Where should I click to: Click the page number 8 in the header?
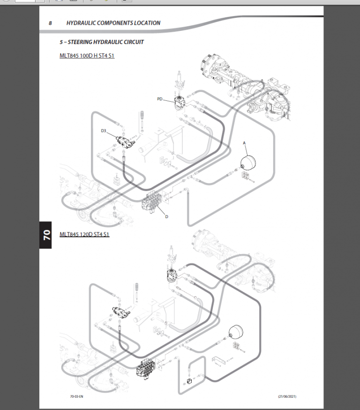click(50, 23)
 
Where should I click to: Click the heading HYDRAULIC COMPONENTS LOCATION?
click(113, 23)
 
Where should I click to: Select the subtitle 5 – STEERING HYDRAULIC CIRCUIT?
click(102, 42)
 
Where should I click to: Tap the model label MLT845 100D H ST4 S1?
click(87, 56)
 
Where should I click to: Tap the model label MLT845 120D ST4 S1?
click(84, 234)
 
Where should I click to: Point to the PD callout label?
click(160, 99)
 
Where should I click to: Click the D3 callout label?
click(104, 131)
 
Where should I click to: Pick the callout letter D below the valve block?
click(166, 216)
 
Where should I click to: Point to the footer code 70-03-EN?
click(77, 396)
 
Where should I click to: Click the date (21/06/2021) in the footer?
click(287, 396)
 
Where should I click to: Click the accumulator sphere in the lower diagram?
click(234, 334)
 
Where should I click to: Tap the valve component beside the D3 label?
click(124, 140)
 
